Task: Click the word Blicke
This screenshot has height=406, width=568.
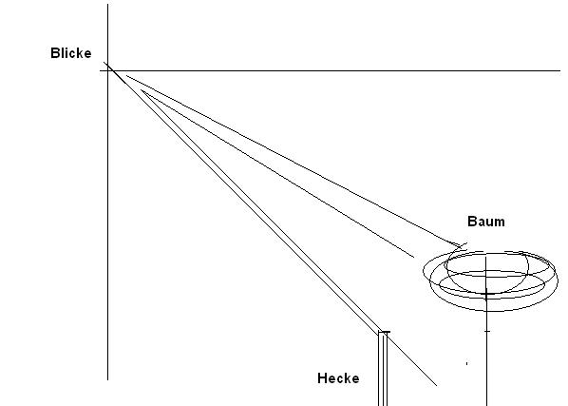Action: (71, 53)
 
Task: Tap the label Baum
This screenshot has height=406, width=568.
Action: (486, 222)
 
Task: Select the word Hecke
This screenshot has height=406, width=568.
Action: (338, 378)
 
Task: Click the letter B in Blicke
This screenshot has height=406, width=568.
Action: (55, 53)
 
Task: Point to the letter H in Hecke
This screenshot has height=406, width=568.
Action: (322, 378)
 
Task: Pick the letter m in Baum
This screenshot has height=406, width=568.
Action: (500, 222)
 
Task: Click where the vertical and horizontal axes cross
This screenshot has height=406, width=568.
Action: (107, 70)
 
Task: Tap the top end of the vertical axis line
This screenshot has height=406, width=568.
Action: (107, 5)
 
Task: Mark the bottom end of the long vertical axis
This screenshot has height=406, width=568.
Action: (107, 380)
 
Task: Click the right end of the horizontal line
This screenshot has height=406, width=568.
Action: (560, 70)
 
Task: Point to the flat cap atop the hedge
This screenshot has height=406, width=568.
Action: (384, 332)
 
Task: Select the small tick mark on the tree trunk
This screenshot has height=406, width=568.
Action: (487, 331)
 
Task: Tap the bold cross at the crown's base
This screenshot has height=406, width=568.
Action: (486, 295)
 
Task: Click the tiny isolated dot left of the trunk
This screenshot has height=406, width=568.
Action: (466, 363)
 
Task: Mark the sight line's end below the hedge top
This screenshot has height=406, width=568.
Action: (437, 386)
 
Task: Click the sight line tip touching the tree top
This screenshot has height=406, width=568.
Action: (462, 246)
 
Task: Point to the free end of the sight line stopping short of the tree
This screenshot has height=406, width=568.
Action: (414, 257)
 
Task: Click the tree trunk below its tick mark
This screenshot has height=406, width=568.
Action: (486, 369)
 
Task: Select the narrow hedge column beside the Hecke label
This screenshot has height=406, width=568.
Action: (383, 369)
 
